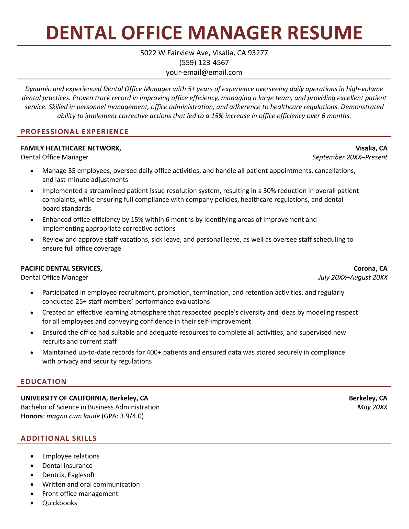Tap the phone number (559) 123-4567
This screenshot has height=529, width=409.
point(204,63)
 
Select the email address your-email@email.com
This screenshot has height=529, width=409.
point(204,73)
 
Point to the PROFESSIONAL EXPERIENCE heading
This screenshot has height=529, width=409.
point(75,132)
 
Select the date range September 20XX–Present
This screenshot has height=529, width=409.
point(350,157)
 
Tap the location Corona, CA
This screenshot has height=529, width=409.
point(370,268)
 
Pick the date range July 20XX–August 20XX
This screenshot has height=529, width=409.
point(353,277)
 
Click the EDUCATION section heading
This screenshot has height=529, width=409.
point(44,381)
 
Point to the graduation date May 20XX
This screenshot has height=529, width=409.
point(372,407)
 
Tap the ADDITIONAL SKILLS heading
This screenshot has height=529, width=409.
point(59,438)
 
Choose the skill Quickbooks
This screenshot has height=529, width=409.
point(60,503)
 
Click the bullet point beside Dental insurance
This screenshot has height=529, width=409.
point(32,466)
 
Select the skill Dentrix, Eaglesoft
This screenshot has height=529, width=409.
point(69,475)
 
